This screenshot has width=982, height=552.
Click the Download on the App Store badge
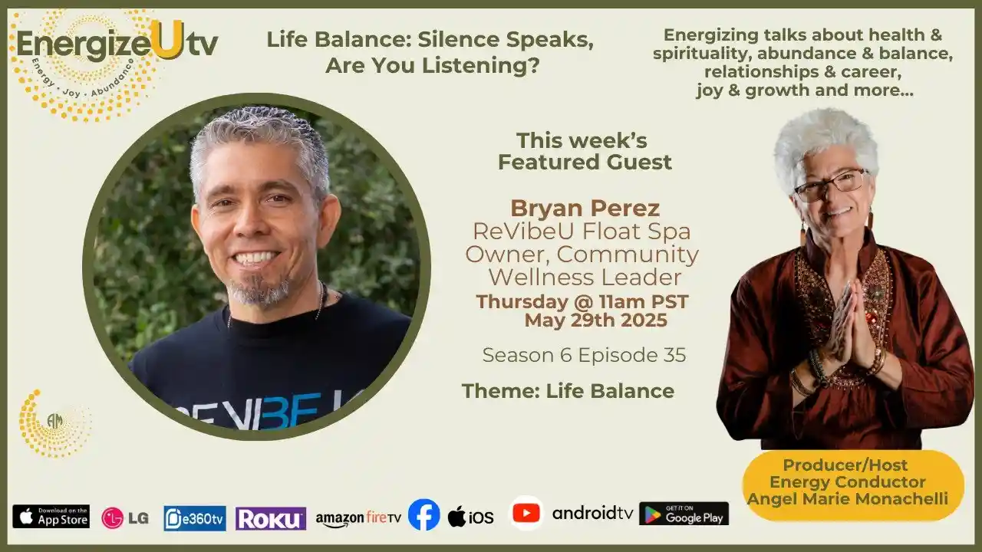pyautogui.click(x=51, y=517)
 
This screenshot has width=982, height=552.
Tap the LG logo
pyautogui.click(x=125, y=518)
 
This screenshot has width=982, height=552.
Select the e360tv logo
pyautogui.click(x=195, y=518)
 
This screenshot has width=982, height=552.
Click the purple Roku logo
pyautogui.click(x=271, y=519)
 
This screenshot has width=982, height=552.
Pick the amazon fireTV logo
pyautogui.click(x=358, y=519)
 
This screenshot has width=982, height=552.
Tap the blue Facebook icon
pyautogui.click(x=424, y=514)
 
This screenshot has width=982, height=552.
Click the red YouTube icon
pyautogui.click(x=526, y=514)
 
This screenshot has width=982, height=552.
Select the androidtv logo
pyautogui.click(x=593, y=513)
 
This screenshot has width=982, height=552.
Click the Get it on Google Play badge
pyautogui.click(x=684, y=514)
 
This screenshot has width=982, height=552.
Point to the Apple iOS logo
pyautogui.click(x=471, y=517)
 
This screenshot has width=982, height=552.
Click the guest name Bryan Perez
pyautogui.click(x=585, y=209)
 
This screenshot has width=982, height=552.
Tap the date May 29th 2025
pyautogui.click(x=596, y=320)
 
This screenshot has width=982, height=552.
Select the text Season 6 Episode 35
pyautogui.click(x=584, y=355)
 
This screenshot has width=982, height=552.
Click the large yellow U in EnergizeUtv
pyautogui.click(x=167, y=41)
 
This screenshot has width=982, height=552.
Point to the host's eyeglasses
pyautogui.click(x=831, y=186)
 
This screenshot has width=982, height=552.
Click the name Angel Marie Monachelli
pyautogui.click(x=848, y=498)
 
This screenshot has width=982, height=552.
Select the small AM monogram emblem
pyautogui.click(x=54, y=421)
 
